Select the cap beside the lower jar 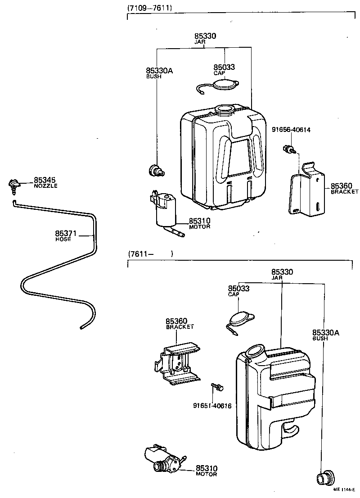tap(242, 318)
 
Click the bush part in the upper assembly tap(155, 170)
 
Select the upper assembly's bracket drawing tap(306, 191)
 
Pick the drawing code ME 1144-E tap(344, 489)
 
